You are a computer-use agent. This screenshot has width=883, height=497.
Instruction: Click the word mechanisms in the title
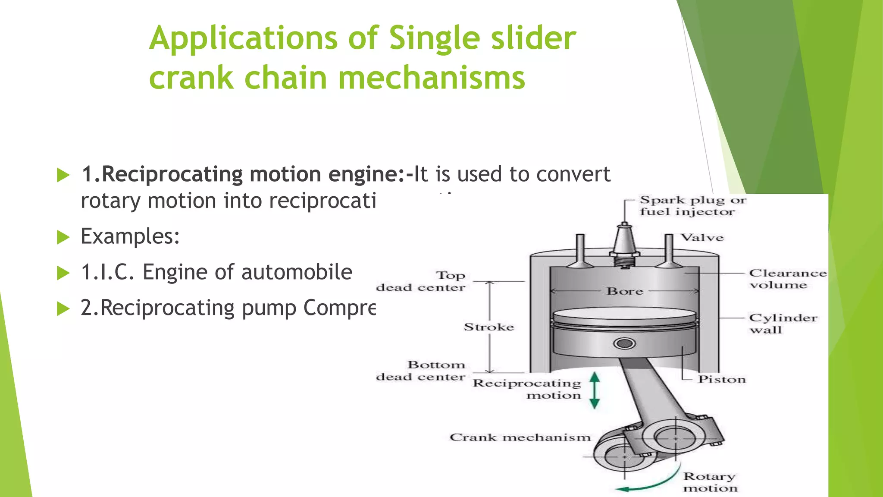(x=431, y=79)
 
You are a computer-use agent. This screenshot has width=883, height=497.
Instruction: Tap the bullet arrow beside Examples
(x=63, y=237)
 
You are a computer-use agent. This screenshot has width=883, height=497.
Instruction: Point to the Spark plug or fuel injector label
(x=692, y=206)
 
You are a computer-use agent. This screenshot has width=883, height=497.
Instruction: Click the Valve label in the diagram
(x=702, y=238)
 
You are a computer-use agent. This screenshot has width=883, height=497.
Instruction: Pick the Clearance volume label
(x=787, y=279)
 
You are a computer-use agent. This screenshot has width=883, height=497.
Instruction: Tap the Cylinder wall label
(x=783, y=324)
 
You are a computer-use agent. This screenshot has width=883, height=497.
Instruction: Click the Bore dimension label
(x=625, y=291)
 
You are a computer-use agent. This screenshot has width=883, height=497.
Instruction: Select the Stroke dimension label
(x=489, y=327)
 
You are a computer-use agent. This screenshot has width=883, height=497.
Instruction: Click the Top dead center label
(x=421, y=281)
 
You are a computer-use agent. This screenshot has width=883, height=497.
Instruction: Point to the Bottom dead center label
(x=421, y=371)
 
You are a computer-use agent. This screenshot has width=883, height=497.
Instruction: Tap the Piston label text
(x=722, y=379)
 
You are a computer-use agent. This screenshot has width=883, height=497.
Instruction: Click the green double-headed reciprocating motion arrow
(x=595, y=390)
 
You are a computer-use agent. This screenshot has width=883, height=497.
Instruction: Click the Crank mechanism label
(x=520, y=437)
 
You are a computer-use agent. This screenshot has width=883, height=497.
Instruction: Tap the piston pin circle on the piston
(x=624, y=343)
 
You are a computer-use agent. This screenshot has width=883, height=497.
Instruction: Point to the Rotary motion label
(x=710, y=482)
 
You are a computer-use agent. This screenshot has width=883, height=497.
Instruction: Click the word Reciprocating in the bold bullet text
(x=172, y=175)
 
